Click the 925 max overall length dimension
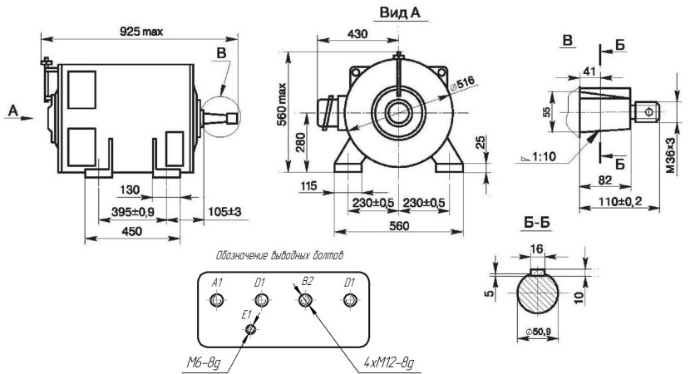coord(140,31)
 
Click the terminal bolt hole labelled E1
coord(250,330)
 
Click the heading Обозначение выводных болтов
coord(280,253)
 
